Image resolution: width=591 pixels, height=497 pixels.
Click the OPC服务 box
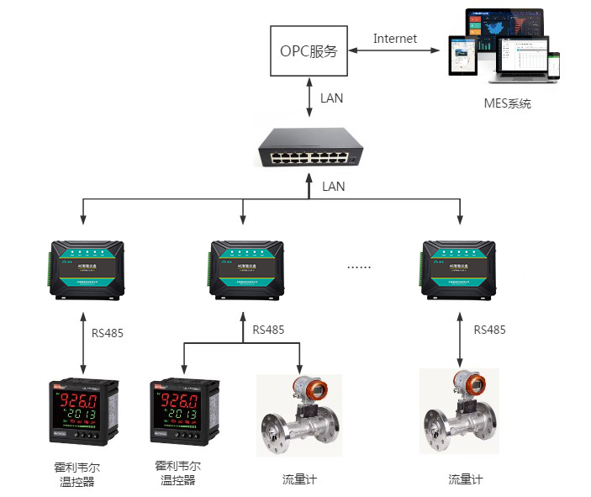point(308,50)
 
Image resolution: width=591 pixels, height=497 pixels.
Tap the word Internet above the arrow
point(395,39)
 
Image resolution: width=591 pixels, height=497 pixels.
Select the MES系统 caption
point(507,104)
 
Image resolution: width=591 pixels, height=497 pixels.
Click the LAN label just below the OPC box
point(332,98)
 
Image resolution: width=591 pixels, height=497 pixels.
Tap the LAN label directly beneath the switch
point(334,187)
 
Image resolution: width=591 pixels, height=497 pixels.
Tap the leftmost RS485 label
point(108,333)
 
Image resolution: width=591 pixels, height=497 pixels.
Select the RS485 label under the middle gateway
point(268,330)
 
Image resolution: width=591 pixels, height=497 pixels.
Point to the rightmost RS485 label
point(489,330)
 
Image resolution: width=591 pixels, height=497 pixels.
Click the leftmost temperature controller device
point(82,412)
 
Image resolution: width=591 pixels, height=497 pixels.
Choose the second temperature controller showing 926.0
point(185,412)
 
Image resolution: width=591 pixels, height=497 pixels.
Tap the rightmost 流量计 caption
point(466,479)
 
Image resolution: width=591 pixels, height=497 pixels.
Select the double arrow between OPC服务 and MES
point(395,51)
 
